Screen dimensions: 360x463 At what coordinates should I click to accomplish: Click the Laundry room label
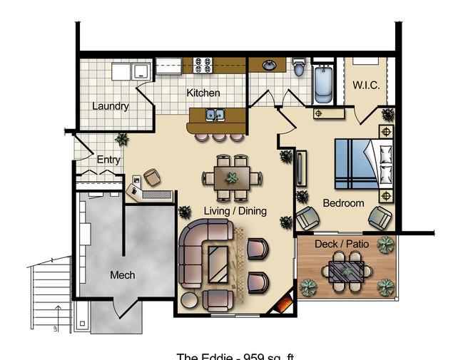click(111, 106)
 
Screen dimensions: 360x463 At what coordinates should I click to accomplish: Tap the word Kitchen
click(203, 93)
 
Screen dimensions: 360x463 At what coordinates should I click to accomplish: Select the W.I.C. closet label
click(365, 85)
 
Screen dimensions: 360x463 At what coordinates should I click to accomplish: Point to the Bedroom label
click(343, 203)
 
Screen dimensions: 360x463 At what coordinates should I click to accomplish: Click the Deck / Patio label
click(341, 245)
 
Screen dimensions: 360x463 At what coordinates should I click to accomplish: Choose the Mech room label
click(122, 274)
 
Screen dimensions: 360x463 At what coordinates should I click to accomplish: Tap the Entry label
click(108, 160)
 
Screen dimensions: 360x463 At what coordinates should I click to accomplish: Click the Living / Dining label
click(235, 210)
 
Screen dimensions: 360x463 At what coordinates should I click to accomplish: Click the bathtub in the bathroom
click(322, 83)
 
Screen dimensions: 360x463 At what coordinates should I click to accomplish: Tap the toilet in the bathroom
click(299, 69)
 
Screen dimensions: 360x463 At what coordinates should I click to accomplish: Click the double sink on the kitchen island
click(215, 114)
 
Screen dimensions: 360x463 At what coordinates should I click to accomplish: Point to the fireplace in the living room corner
click(282, 304)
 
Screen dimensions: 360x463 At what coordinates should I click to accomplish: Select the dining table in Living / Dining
click(232, 177)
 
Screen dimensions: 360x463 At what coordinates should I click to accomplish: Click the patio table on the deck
click(347, 271)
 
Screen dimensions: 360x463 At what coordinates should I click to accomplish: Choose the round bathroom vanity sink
click(270, 66)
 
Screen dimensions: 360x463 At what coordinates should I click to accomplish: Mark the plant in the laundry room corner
click(122, 138)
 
